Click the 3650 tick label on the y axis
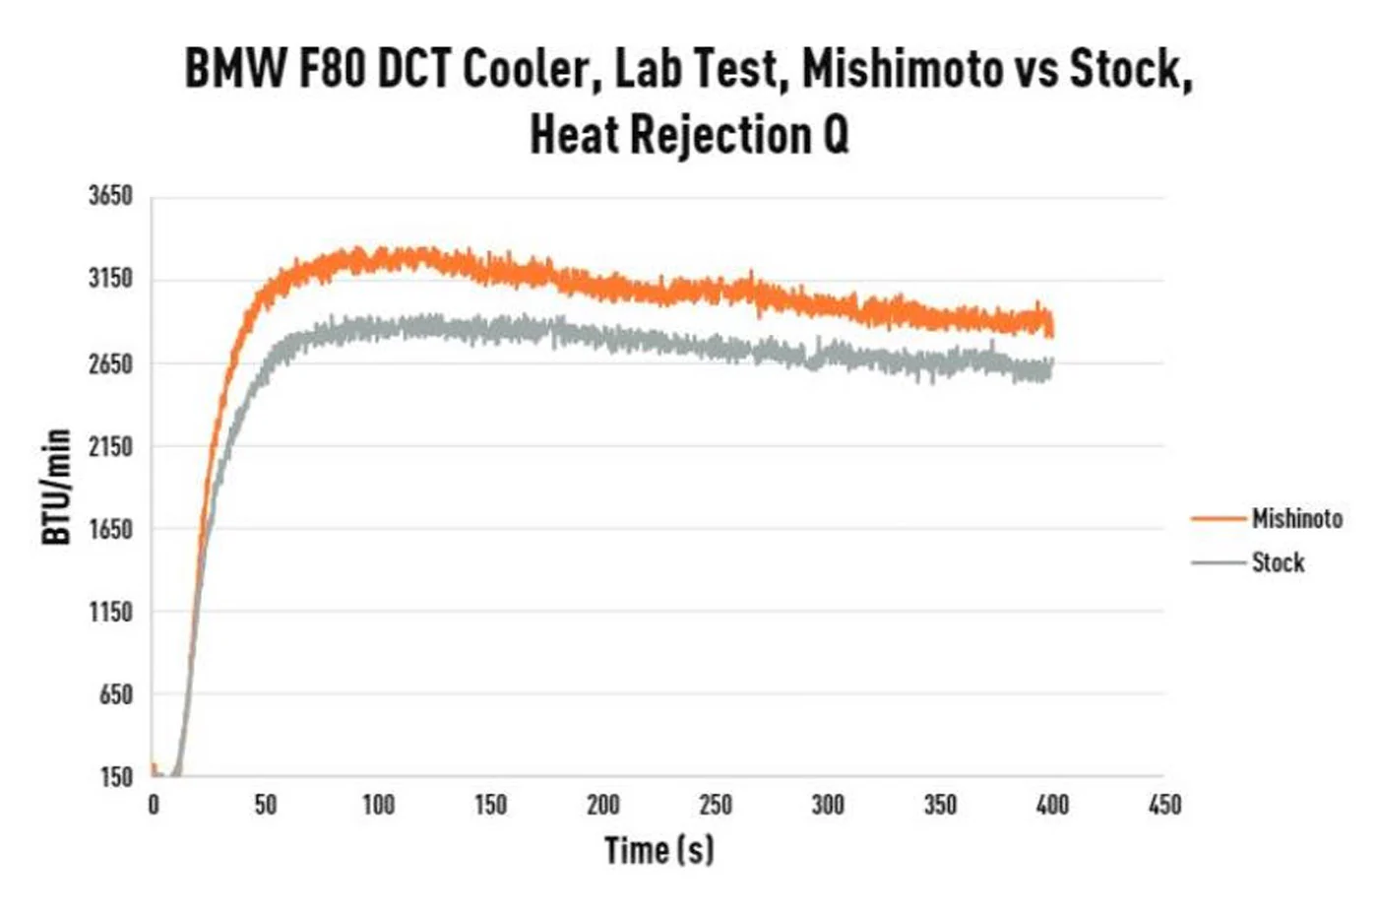coord(110,196)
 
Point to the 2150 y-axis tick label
coord(110,447)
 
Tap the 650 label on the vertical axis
coord(116,695)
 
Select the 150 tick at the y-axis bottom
coord(117,777)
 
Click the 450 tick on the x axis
coord(1164,806)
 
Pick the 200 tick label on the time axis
coord(602,806)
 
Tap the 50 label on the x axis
coord(266,806)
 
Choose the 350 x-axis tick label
coord(940,806)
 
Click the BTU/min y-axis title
coord(56,487)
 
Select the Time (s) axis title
coord(659,851)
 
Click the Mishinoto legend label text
coord(1297,519)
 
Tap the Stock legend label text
coord(1279,562)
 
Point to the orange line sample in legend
coord(1219,519)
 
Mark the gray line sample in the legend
coord(1219,562)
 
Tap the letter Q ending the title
coord(836,135)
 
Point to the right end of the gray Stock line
coord(1052,367)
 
